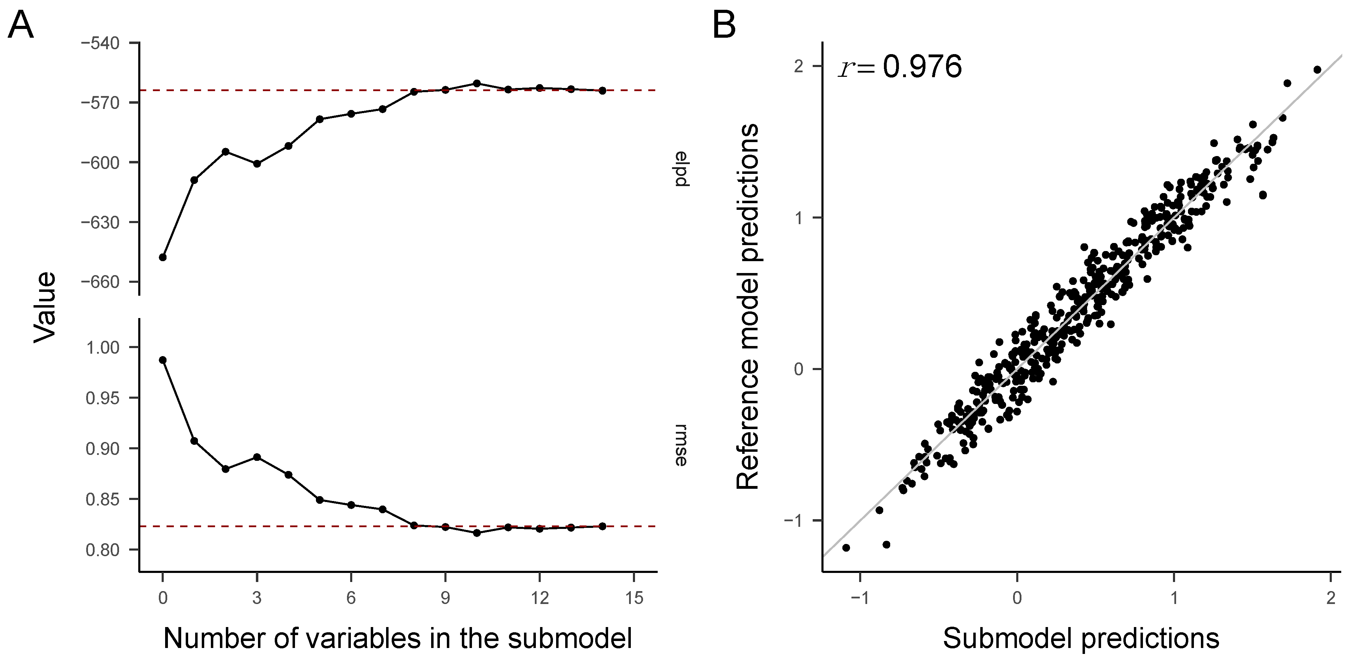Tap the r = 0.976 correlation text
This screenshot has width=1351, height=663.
click(x=900, y=67)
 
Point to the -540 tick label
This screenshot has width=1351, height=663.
click(x=100, y=43)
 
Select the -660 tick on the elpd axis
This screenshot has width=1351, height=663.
click(x=100, y=282)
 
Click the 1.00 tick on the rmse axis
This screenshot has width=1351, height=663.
click(x=102, y=347)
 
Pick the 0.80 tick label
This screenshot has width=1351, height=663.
click(x=102, y=550)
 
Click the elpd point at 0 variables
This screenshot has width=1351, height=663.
click(x=163, y=257)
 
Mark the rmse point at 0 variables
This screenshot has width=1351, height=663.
click(x=163, y=360)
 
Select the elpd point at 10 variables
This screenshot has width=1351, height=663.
click(x=477, y=83)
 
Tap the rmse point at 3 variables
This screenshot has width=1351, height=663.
click(x=257, y=457)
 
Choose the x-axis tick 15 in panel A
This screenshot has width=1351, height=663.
click(x=634, y=598)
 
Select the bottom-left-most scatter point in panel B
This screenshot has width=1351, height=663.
click(x=846, y=547)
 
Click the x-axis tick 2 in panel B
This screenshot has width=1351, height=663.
click(x=1330, y=598)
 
